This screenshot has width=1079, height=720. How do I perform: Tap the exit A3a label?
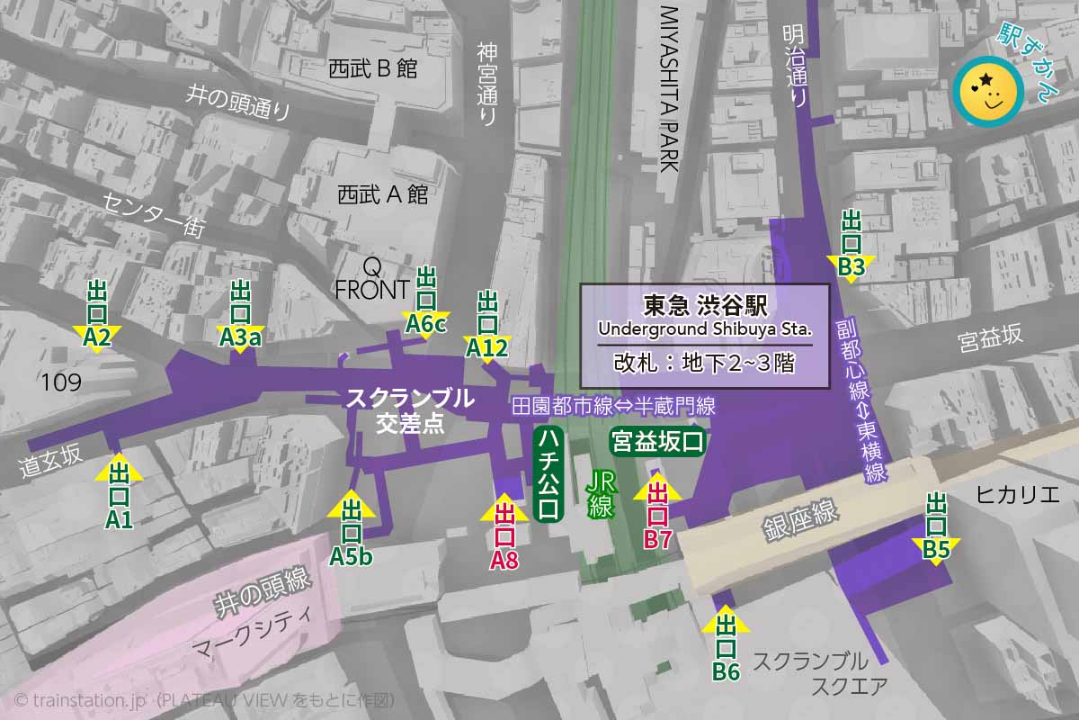coord(240,314)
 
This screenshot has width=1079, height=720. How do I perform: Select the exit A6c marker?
coord(426,301)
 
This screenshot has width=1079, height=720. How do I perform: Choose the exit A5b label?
coord(351,531)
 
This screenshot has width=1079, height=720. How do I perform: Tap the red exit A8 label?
coord(504,536)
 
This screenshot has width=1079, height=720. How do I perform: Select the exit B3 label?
coord(852,244)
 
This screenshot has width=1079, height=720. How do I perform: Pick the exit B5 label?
coord(937,526)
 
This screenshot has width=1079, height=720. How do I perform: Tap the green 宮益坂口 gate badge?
coord(656,442)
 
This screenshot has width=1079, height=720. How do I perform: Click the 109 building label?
coord(61,382)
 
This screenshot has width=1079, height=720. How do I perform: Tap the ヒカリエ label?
coord(1017,494)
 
